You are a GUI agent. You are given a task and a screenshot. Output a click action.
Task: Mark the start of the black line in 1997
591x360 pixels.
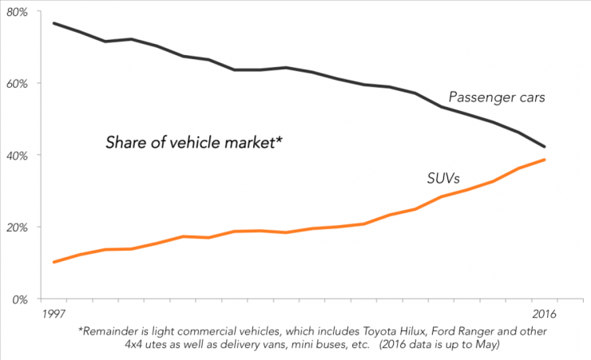tap(54, 23)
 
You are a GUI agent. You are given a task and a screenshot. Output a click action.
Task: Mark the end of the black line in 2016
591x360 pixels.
tap(545, 147)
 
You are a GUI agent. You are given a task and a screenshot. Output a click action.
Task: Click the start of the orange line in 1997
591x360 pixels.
tap(54, 262)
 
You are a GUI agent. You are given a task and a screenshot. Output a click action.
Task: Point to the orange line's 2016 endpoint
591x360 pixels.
tap(545, 160)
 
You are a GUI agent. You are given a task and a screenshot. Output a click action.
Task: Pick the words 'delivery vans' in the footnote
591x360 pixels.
tap(239, 346)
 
